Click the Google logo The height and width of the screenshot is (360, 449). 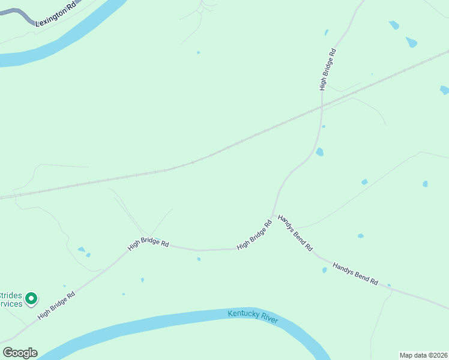20,353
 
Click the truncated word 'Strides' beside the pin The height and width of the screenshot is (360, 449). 11,295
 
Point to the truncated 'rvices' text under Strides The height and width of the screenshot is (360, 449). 11,304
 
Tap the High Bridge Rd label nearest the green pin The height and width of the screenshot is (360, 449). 56,305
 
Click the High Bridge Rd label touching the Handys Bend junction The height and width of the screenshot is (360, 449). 255,235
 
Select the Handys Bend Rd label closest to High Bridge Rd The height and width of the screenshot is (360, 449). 295,233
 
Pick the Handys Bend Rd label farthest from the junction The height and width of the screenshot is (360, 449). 355,273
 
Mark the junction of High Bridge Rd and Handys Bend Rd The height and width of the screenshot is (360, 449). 273,215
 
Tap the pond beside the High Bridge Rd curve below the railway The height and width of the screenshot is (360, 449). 319,152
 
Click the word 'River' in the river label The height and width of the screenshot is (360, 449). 269,316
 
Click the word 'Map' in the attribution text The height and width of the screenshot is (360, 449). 406,355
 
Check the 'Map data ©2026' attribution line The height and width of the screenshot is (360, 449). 423,355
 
